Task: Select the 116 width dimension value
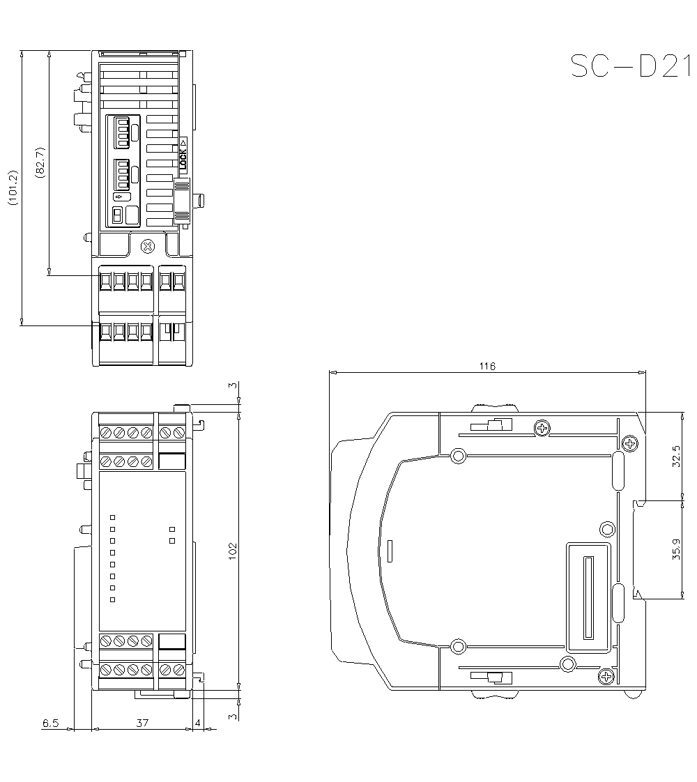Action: coord(487,366)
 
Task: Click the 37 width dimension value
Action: coord(141,723)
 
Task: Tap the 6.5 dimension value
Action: coord(50,723)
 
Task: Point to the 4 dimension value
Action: coord(198,723)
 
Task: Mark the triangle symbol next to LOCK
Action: coord(183,141)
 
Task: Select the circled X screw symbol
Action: coord(147,245)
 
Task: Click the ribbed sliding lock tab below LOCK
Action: coord(182,201)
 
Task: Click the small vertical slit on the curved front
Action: coord(390,550)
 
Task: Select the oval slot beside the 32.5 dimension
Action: coord(618,470)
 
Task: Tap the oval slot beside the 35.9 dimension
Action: coord(618,603)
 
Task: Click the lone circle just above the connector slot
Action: coord(607,529)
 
